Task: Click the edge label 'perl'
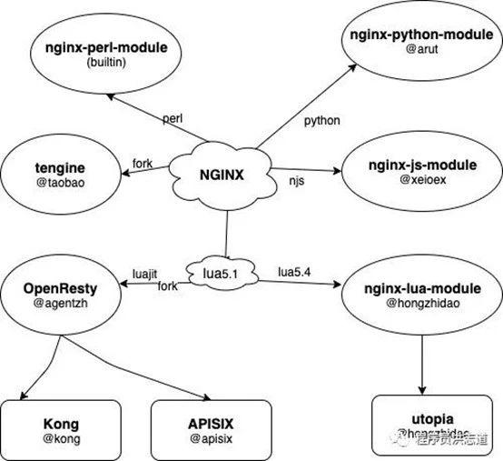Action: pyautogui.click(x=173, y=119)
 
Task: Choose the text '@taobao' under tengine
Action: pyautogui.click(x=63, y=182)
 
